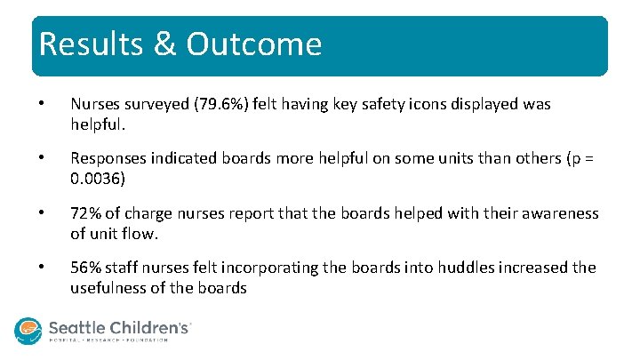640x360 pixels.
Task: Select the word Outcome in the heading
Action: pos(254,44)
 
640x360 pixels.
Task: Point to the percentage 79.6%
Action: pos(205,104)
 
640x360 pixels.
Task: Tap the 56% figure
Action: pos(85,268)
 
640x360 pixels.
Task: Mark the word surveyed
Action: pos(150,104)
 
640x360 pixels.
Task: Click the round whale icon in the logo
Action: pos(28,331)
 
